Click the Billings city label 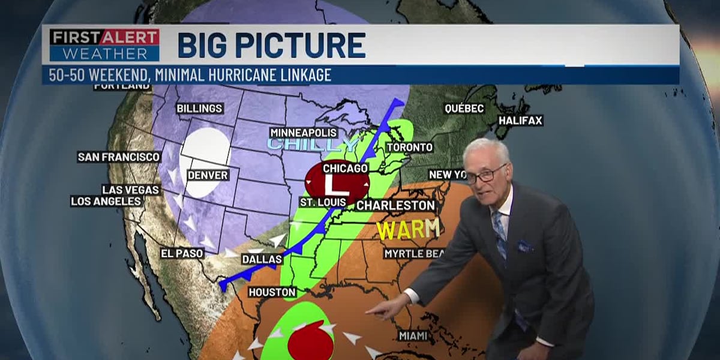point(199,109)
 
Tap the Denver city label point(208,175)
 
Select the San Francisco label point(119,157)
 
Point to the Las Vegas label point(130,190)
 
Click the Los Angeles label point(107,202)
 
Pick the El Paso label point(182,253)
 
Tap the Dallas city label point(262,259)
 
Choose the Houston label point(273,292)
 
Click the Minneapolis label point(303,133)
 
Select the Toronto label point(409,147)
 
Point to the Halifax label point(520,121)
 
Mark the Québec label point(464,109)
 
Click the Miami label point(413,335)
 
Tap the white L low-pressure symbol point(329,182)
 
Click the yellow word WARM point(407,229)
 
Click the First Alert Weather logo point(104,45)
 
